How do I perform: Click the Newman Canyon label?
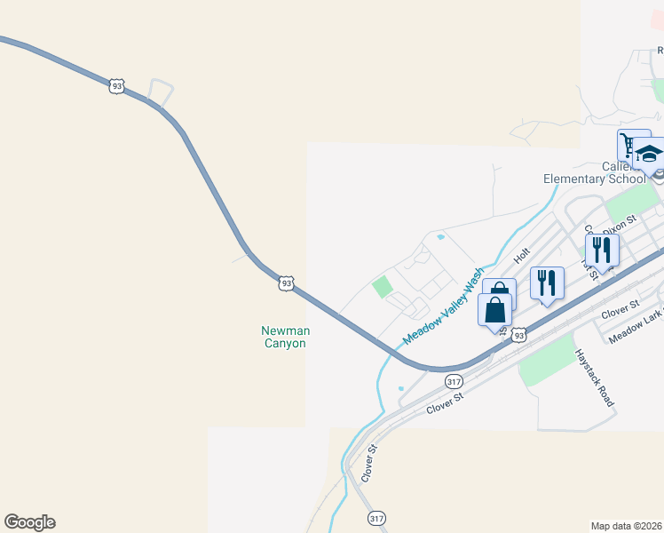pos(284,337)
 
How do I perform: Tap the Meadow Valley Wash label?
pos(444,306)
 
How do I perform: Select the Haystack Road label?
pos(594,378)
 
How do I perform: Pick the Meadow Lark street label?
pos(636,327)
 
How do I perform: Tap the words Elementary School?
pos(594,179)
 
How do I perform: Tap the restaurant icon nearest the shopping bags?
pos(547,283)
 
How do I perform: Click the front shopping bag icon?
pos(494,311)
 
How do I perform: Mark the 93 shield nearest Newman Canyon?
pos(285,283)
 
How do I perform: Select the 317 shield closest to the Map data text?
pos(376,518)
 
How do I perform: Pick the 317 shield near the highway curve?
pos(455,381)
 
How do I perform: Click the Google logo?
pos(29,522)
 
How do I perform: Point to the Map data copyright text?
pos(626,526)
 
